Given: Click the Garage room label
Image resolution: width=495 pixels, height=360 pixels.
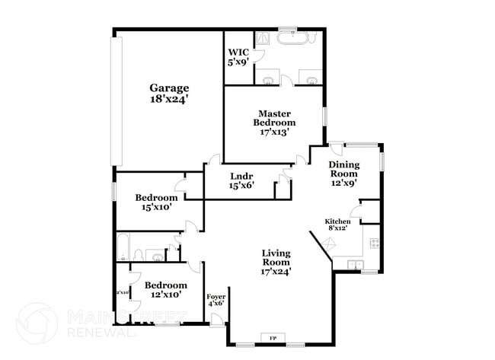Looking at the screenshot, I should [169, 88].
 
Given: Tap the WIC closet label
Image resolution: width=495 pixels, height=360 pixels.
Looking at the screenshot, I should [236, 53].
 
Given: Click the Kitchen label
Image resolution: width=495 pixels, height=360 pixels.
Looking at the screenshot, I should [337, 221].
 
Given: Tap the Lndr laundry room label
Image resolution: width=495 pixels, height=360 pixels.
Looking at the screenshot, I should [241, 176].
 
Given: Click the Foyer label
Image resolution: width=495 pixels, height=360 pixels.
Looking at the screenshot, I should [216, 297].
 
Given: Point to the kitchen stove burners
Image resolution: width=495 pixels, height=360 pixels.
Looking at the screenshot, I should [374, 244].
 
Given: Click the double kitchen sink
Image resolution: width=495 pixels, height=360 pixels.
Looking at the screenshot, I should [355, 264].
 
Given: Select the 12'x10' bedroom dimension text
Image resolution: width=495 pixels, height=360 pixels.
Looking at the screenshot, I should [165, 295].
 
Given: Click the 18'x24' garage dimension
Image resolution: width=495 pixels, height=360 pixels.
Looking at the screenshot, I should [169, 99].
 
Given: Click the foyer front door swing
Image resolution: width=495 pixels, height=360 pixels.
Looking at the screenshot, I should [217, 319].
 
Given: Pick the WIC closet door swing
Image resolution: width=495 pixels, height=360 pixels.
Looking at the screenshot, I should [258, 55].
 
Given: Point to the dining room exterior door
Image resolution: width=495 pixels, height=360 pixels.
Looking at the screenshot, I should [336, 150].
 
